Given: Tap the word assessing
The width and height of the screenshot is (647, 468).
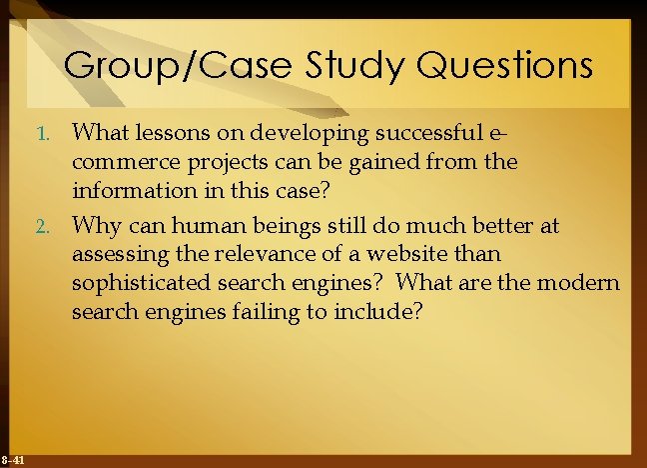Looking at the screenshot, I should (116, 255).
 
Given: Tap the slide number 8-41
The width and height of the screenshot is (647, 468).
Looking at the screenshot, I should (14, 459).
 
